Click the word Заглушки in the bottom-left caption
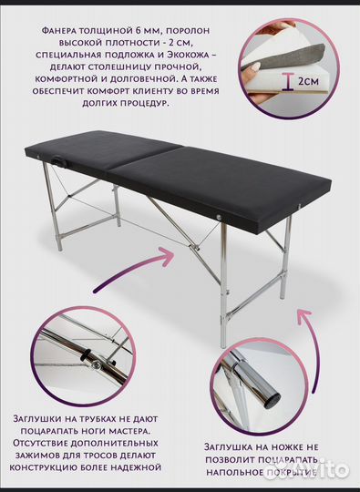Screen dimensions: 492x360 point(44,418)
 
